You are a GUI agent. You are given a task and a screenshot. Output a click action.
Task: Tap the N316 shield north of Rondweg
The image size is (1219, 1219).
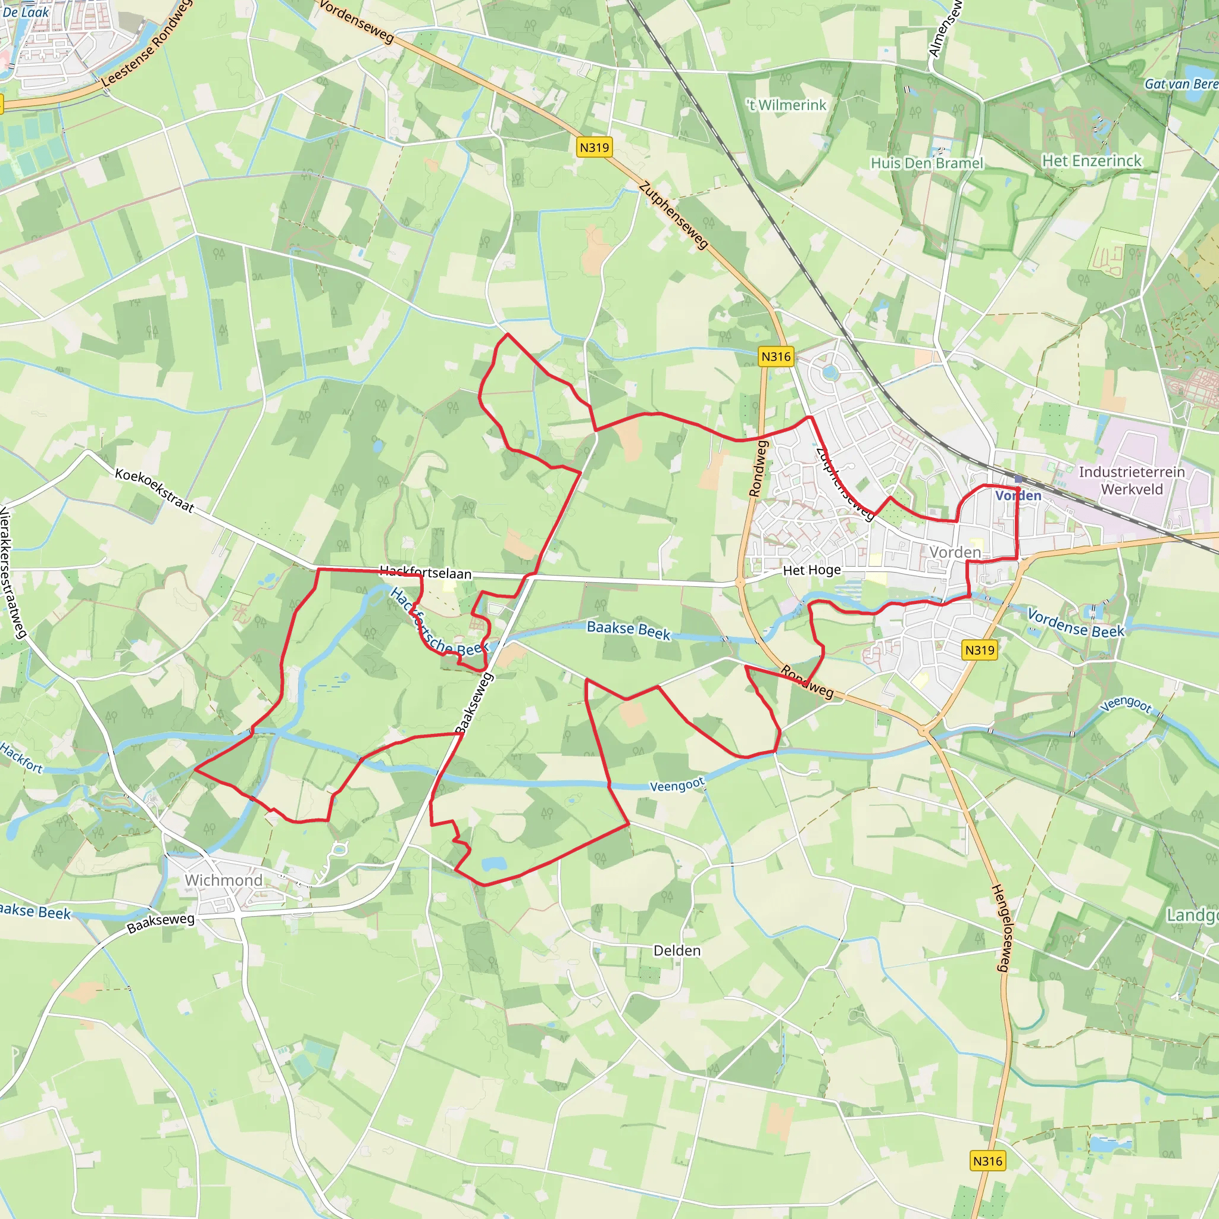(776, 357)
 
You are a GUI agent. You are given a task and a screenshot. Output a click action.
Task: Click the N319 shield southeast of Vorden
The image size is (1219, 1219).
(979, 650)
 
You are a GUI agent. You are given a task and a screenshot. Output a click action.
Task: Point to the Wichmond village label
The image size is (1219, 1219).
(223, 880)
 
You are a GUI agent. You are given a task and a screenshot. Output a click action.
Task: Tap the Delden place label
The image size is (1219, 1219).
(677, 951)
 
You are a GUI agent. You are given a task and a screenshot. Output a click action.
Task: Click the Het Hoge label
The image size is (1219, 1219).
(811, 570)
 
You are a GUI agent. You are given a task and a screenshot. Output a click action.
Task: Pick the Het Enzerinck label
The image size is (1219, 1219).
(1092, 161)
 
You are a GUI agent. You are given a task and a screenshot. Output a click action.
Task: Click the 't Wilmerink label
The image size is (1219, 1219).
(786, 105)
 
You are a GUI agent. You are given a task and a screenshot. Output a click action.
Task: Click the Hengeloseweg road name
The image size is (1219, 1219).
(1001, 928)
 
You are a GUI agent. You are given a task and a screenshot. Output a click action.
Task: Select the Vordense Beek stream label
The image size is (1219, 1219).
(1075, 623)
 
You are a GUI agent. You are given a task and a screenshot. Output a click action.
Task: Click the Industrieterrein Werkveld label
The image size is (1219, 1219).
(1132, 481)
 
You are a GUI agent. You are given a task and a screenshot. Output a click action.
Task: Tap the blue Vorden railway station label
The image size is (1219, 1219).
(1018, 496)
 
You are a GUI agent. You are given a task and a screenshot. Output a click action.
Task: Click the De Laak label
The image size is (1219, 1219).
(26, 12)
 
